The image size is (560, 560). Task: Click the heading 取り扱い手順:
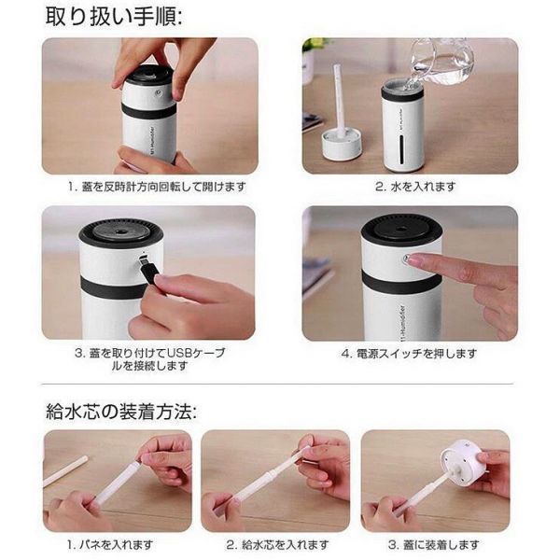coord(114,17)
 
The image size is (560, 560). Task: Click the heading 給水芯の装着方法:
coord(121,412)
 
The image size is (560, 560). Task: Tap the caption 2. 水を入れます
coord(415,186)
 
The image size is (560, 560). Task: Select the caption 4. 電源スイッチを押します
coord(410,354)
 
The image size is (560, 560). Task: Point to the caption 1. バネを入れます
coord(110,545)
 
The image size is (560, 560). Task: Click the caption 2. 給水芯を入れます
coord(277,545)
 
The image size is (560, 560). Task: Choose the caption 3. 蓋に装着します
coord(434,545)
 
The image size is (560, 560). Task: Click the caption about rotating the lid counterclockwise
coord(157,187)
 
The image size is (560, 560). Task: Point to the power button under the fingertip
coord(407,259)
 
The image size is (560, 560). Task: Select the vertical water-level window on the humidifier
coord(402,149)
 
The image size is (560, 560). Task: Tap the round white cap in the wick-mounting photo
coord(458,458)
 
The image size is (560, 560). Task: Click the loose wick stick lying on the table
coord(64,470)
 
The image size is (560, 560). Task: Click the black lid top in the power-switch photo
coord(401,230)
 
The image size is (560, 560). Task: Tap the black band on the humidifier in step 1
coord(147,111)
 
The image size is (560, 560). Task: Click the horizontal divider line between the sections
coord(277,385)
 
